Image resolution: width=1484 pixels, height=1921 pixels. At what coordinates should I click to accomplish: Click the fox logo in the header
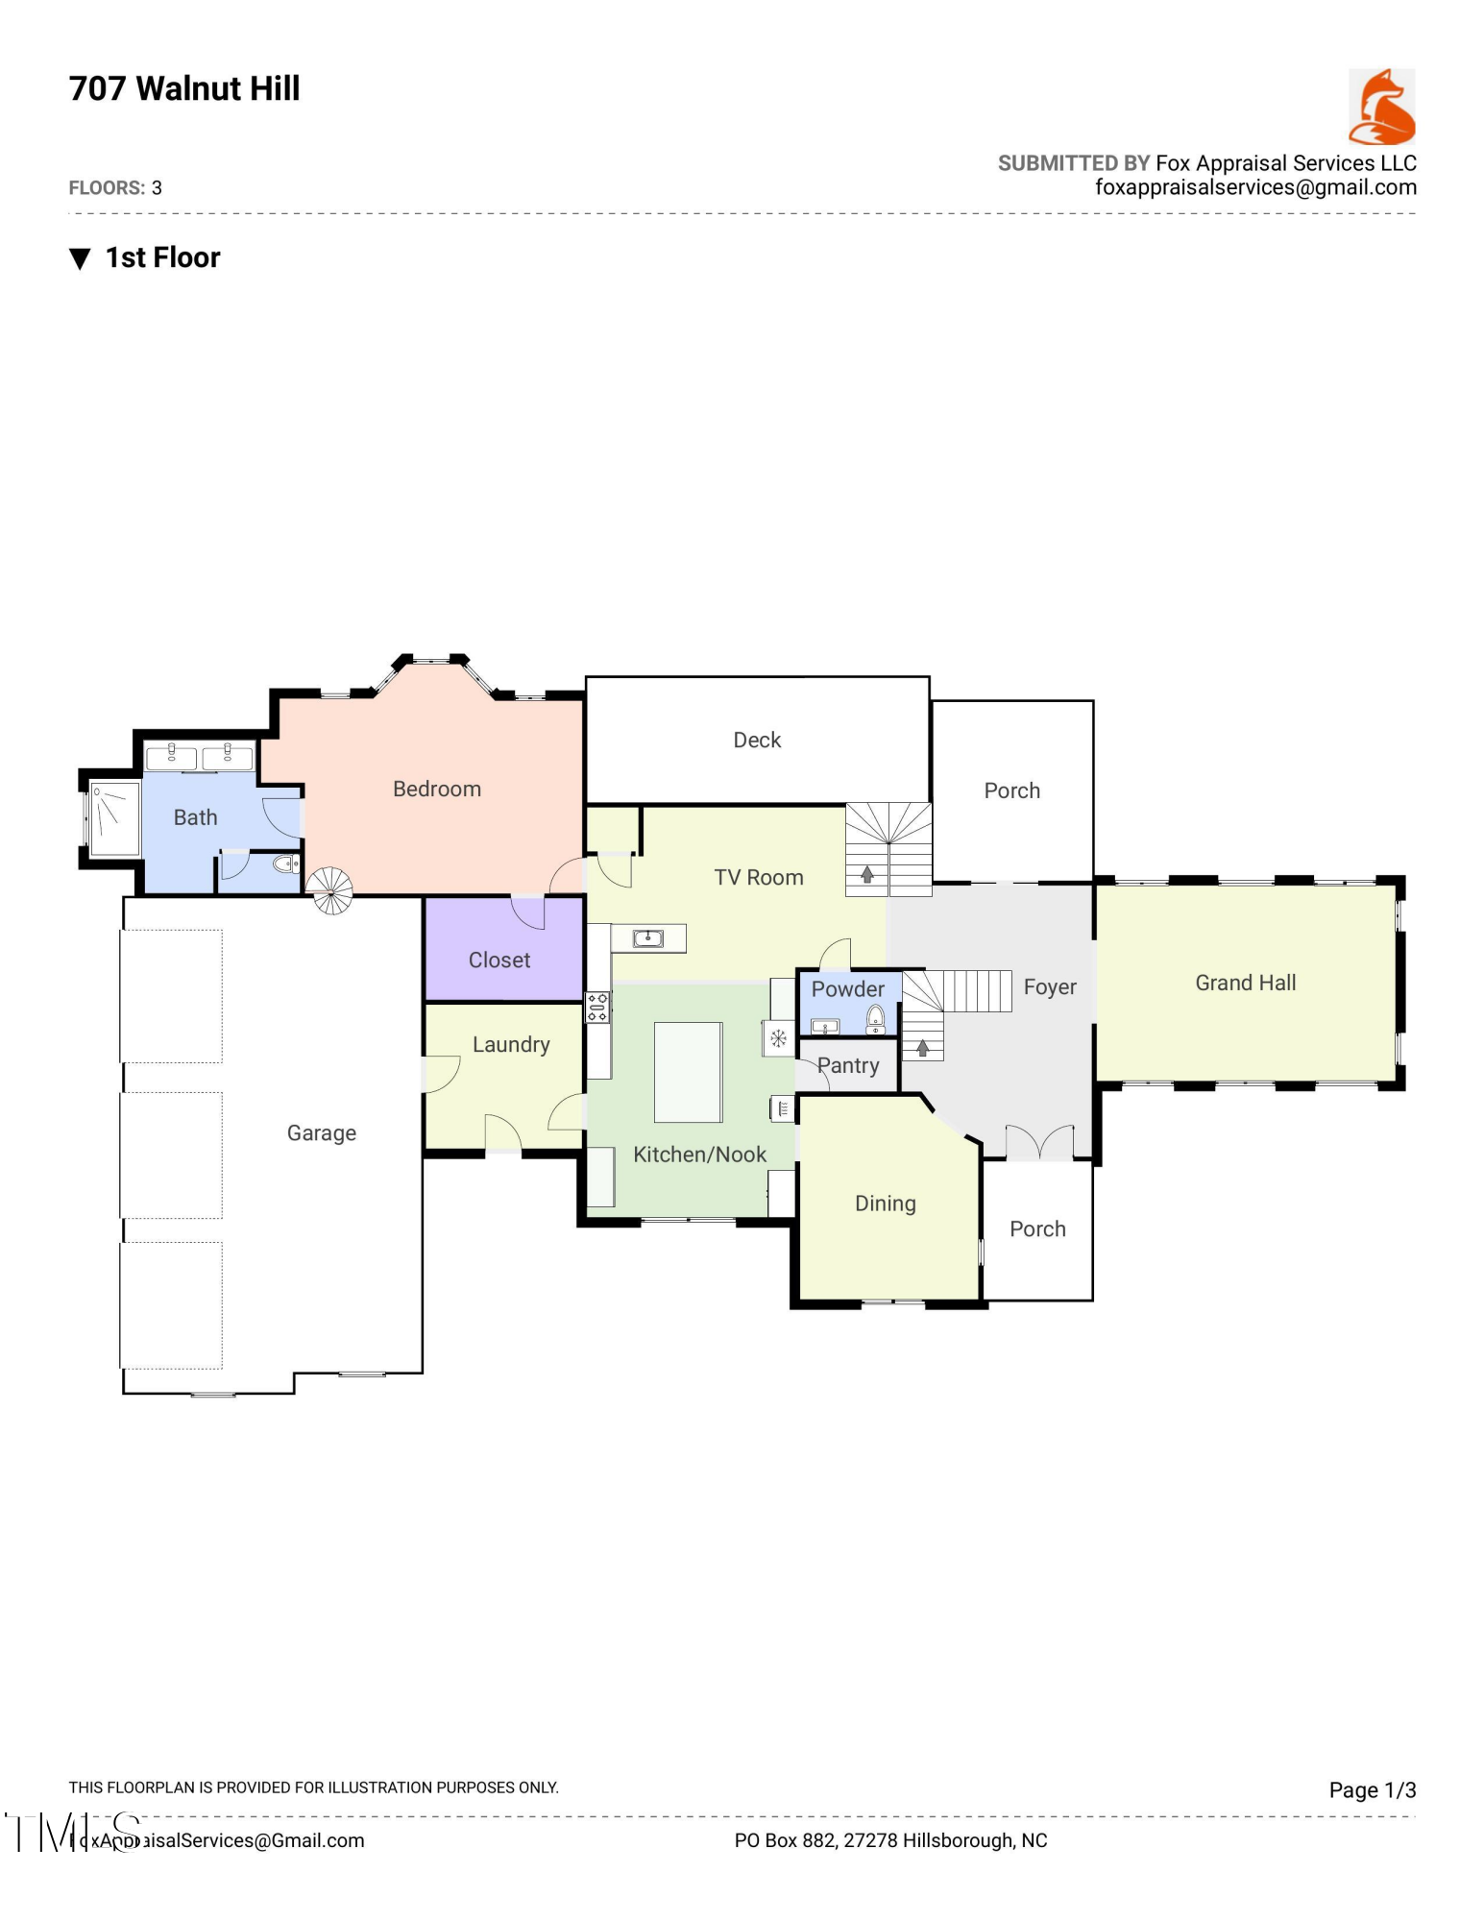point(1381,107)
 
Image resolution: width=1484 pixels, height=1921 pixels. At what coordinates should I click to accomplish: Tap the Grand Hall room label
point(1245,983)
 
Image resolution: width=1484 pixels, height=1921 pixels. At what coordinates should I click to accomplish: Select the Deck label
point(756,740)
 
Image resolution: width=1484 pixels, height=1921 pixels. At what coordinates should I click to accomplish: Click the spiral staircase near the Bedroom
point(329,890)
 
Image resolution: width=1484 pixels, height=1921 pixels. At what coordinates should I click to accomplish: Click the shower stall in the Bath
point(114,818)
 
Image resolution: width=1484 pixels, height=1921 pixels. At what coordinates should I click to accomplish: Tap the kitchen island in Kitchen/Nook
point(688,1072)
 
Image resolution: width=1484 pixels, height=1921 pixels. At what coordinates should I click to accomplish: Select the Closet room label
point(499,960)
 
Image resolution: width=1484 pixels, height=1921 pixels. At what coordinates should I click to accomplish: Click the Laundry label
point(510,1044)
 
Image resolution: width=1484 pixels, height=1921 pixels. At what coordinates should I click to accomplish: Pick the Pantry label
point(848,1065)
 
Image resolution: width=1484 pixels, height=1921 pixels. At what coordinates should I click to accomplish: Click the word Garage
point(321,1132)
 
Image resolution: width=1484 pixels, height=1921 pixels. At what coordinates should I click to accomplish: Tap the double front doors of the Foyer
point(1039,1143)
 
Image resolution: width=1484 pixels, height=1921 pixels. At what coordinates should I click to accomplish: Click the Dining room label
point(885,1204)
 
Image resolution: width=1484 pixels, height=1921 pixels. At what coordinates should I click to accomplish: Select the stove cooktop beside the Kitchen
point(597,1007)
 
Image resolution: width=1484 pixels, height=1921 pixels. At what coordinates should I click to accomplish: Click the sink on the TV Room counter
point(648,937)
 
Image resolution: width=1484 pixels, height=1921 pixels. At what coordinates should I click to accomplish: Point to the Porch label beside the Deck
point(1011,790)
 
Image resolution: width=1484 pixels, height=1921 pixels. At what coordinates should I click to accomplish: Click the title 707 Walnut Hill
point(184,88)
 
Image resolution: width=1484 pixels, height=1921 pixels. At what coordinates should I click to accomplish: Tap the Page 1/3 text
point(1372,1789)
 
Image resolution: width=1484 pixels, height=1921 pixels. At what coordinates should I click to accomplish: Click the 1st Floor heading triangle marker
point(80,258)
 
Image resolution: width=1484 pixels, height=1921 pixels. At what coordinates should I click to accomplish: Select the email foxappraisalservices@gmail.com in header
point(1255,187)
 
